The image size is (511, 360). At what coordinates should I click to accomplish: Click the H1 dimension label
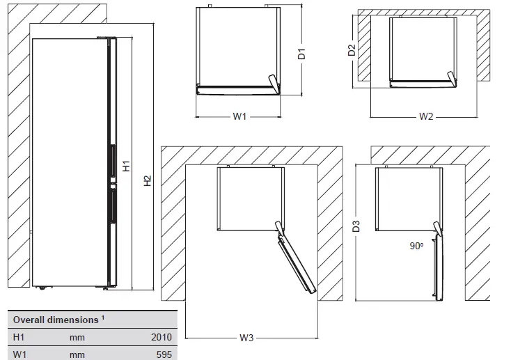pos(127,166)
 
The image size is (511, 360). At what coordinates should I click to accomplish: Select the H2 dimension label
pos(147,181)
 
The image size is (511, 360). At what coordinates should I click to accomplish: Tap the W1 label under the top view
pos(239,117)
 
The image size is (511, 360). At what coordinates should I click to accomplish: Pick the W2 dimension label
pos(427,117)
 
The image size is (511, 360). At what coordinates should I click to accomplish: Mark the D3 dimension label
pos(356,226)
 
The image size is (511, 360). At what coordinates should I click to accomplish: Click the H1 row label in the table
pos(19,337)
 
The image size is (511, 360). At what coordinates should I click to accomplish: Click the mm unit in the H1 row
pos(77,337)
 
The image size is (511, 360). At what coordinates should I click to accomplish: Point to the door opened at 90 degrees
pos(437,268)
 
